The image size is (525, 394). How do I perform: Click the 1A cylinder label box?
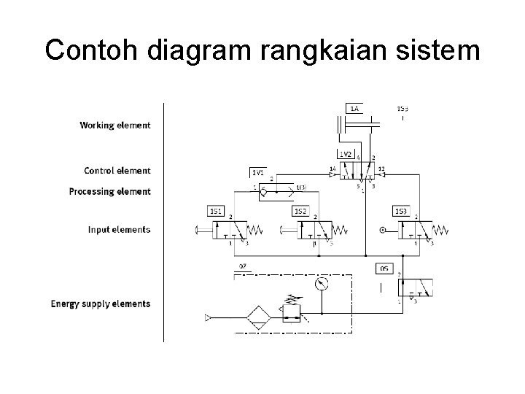[355, 109]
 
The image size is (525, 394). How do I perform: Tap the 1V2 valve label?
[346, 154]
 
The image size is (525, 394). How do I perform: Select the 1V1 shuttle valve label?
[258, 172]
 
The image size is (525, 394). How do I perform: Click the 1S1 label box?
[216, 211]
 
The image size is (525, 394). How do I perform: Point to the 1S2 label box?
[300, 211]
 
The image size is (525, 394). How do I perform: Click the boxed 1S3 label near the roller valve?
[400, 211]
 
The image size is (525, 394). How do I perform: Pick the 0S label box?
[384, 268]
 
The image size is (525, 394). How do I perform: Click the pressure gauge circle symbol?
[322, 283]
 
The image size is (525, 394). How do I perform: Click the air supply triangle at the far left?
[209, 317]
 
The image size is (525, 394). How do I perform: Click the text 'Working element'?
[115, 125]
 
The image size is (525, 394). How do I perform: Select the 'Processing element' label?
[110, 192]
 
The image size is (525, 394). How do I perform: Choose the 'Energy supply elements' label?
[101, 304]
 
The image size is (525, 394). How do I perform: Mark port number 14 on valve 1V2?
[332, 169]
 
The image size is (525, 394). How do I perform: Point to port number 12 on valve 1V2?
[381, 169]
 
